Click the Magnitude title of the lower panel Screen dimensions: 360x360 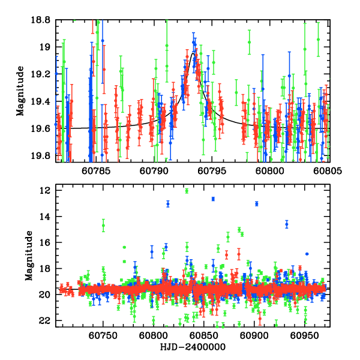(28, 256)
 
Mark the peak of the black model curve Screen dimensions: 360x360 (193, 55)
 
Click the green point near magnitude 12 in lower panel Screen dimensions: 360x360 (187, 191)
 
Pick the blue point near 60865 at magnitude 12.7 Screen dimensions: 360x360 (212, 199)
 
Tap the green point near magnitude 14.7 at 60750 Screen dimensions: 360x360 (103, 226)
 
